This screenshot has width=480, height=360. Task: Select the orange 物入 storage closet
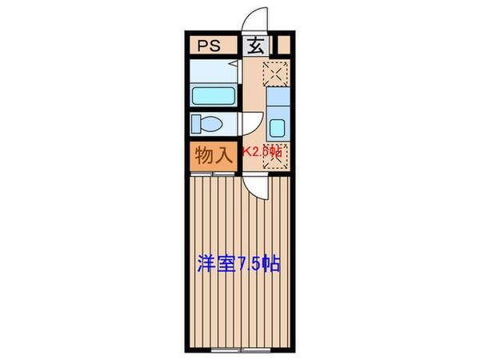point(213,154)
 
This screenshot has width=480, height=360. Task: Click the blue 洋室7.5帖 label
point(238,264)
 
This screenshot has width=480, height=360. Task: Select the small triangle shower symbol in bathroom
point(230,64)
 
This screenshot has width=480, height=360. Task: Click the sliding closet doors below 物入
point(213,171)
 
